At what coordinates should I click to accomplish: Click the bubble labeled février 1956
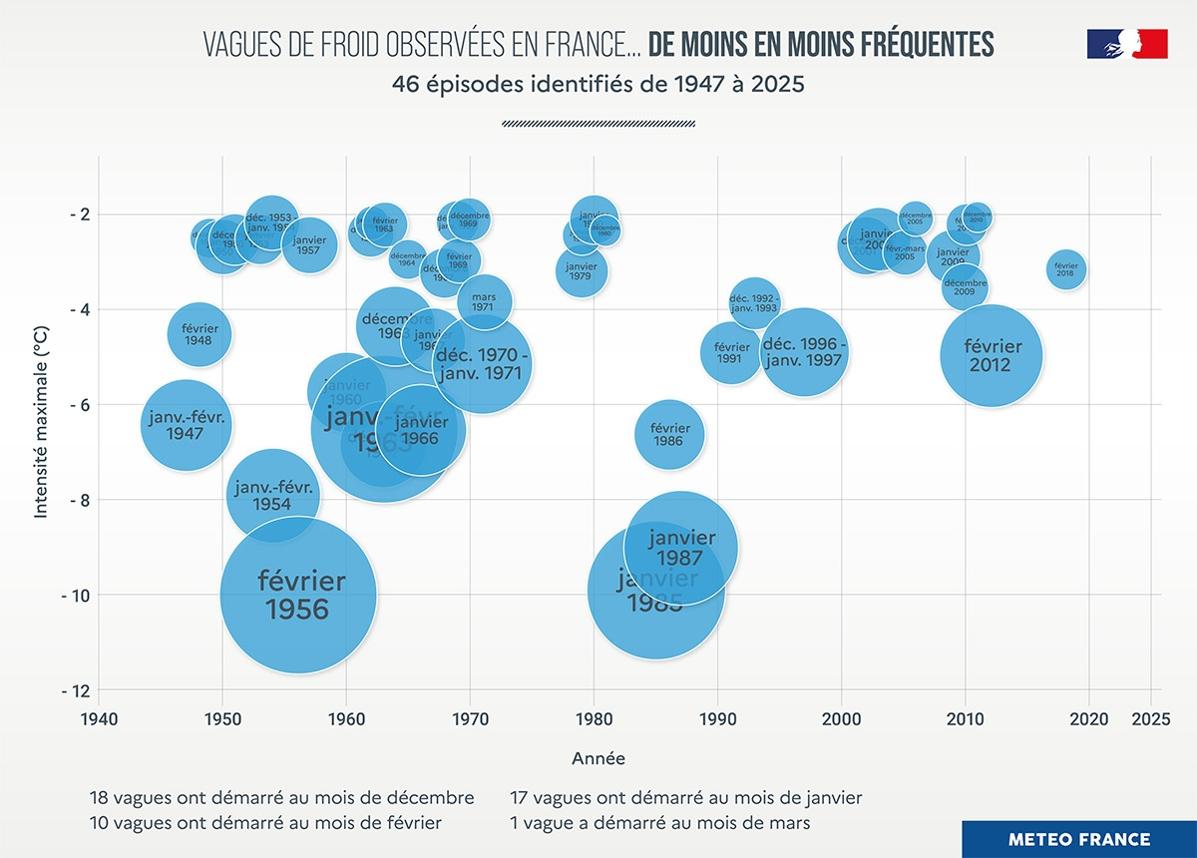(x=297, y=595)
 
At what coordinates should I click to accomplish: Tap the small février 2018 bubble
(x=1066, y=269)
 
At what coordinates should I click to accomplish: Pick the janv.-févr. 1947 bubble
(x=185, y=425)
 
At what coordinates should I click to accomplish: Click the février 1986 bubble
(x=668, y=434)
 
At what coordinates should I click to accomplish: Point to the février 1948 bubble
(x=199, y=334)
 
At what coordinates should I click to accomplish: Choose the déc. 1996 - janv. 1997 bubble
(x=803, y=352)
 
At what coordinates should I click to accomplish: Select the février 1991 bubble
(x=729, y=352)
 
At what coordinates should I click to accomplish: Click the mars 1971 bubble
(x=485, y=301)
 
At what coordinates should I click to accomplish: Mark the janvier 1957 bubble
(x=308, y=244)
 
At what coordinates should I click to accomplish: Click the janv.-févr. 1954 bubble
(x=272, y=496)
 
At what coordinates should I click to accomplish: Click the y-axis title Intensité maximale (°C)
(x=41, y=425)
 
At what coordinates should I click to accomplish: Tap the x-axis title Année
(x=598, y=759)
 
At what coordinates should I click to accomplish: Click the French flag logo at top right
(x=1127, y=44)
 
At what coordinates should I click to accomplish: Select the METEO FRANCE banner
(x=1078, y=839)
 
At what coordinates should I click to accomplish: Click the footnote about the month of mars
(x=658, y=823)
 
